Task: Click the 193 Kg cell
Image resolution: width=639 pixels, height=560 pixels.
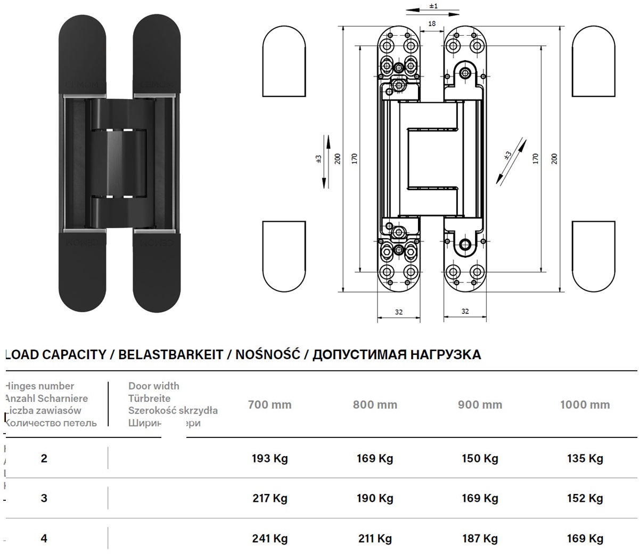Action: tap(269, 458)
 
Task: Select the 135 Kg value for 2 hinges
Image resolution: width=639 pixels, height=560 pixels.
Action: tap(585, 458)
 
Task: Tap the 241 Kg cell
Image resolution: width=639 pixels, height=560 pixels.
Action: tap(269, 538)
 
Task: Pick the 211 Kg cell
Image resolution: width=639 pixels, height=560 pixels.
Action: tap(375, 538)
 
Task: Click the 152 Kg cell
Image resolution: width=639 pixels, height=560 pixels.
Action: tap(585, 498)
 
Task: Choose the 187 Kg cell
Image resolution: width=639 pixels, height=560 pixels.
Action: tap(480, 538)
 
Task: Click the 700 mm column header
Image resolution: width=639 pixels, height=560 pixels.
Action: tap(269, 404)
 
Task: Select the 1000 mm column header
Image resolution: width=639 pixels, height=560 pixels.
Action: tap(585, 404)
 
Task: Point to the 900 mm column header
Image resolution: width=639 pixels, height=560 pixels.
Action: tap(480, 404)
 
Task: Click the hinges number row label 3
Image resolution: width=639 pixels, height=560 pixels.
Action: tap(44, 498)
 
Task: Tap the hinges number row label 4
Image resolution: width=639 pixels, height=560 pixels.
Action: tap(44, 538)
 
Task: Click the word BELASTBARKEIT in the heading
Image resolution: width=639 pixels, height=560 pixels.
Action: tap(170, 355)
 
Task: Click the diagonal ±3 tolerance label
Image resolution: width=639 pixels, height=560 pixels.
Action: tap(507, 155)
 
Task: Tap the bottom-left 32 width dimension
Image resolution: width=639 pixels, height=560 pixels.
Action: tap(399, 312)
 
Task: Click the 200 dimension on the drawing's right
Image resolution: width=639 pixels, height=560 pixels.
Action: tap(554, 158)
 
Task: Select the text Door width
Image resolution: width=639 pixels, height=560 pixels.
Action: tap(154, 386)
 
